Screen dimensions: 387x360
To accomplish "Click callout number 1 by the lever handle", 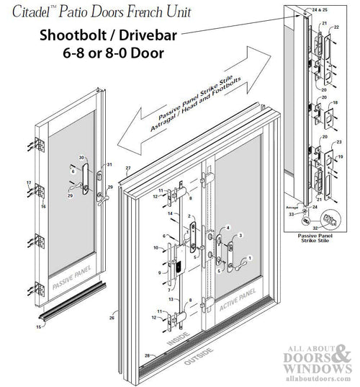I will [251, 257].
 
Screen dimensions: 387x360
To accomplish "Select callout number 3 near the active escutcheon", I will [240, 235].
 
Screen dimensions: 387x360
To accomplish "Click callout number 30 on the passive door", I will [81, 158].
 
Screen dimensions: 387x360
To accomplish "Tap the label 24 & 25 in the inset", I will [315, 11].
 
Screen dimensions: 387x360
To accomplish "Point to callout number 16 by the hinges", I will [42, 206].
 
